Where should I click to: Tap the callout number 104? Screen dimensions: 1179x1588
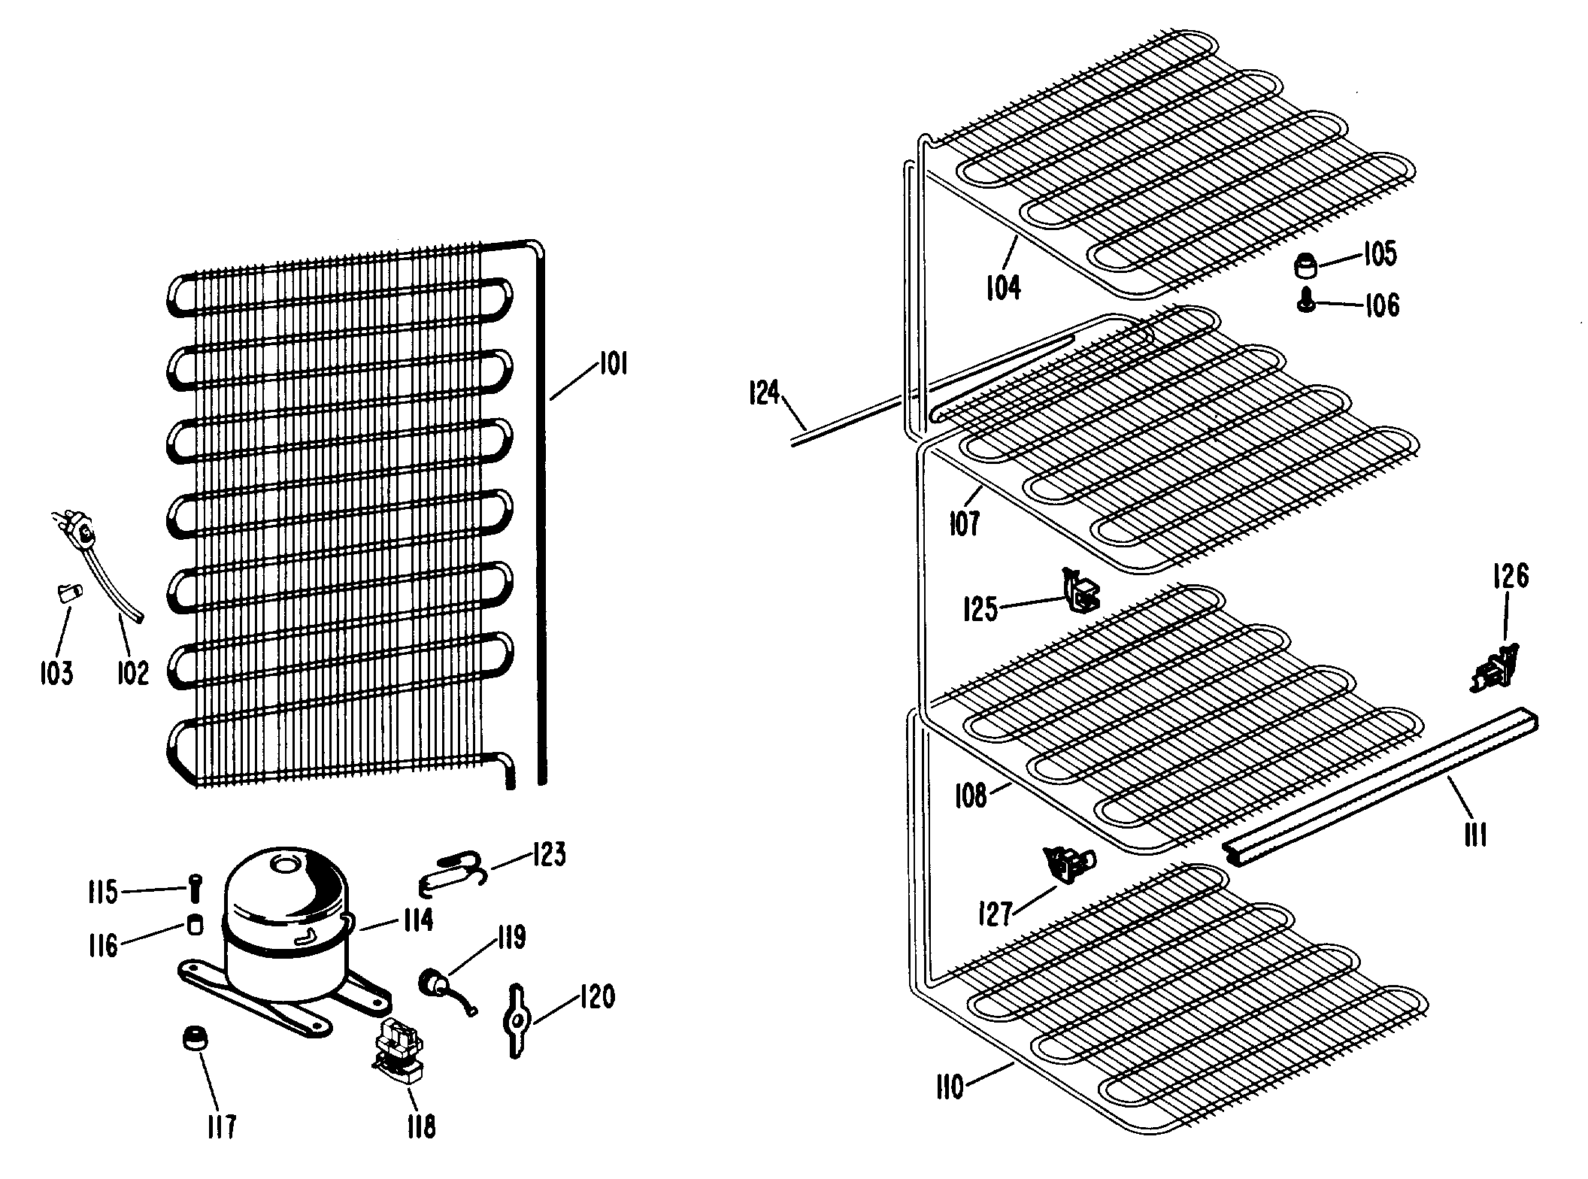[1003, 287]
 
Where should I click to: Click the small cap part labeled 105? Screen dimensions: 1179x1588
[1306, 265]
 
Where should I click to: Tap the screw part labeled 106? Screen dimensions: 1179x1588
[1307, 302]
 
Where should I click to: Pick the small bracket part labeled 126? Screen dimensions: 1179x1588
[1492, 668]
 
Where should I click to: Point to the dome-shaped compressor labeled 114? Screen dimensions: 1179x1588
[287, 925]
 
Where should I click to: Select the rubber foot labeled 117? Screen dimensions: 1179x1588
[195, 1040]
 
